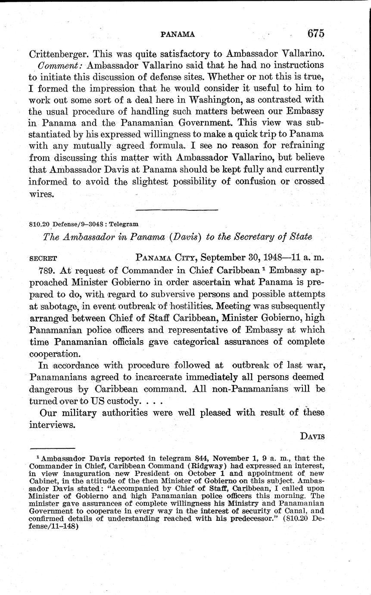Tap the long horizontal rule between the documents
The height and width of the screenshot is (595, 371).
[x=177, y=210]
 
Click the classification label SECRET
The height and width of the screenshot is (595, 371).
[x=43, y=259]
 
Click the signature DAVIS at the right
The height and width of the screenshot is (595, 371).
[x=312, y=436]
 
